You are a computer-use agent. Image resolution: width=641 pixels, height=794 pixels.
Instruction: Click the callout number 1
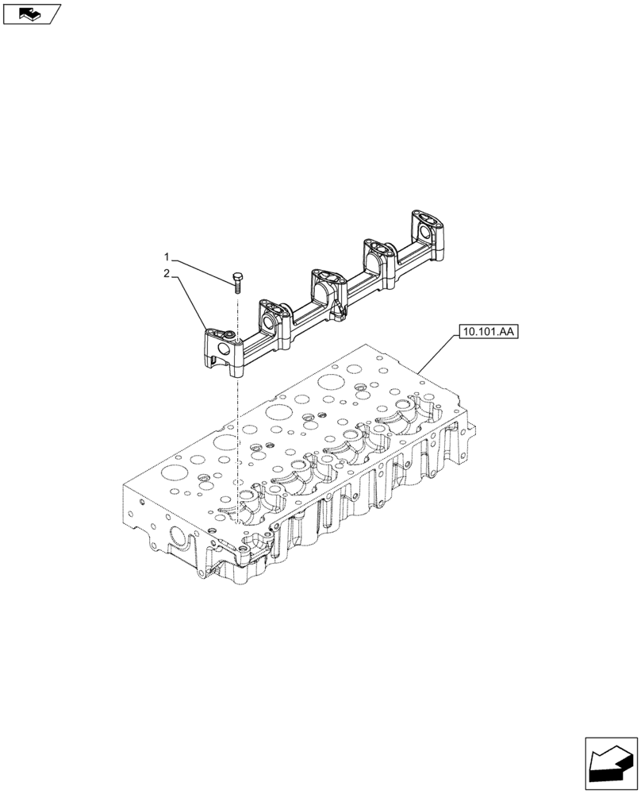pyautogui.click(x=167, y=256)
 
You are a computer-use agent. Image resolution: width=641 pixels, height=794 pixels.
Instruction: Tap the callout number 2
pyautogui.click(x=167, y=274)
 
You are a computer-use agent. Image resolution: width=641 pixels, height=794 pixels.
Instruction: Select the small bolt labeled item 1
pyautogui.click(x=236, y=279)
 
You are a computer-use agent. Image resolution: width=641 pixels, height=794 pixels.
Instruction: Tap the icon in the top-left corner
pyautogui.click(x=31, y=13)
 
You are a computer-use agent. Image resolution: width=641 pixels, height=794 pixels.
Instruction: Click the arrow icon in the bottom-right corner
pyautogui.click(x=611, y=764)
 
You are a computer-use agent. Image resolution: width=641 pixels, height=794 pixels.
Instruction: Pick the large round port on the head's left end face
pyautogui.click(x=181, y=548)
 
